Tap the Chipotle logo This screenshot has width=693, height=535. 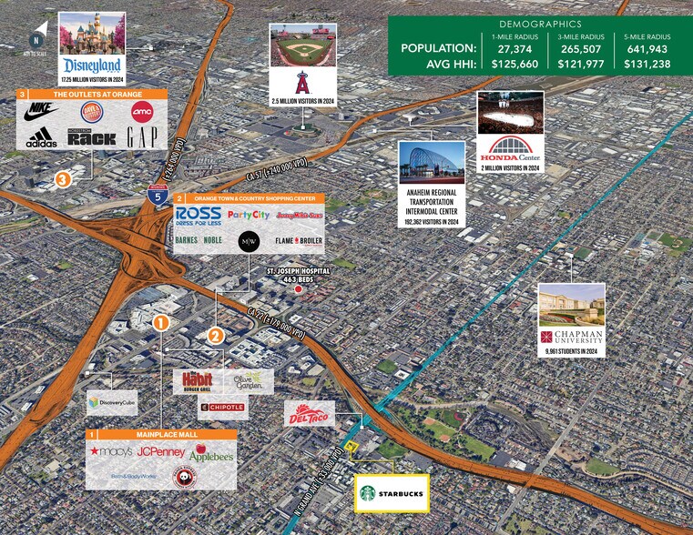click(x=222, y=407)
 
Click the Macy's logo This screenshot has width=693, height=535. click(x=110, y=450)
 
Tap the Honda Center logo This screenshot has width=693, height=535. click(x=510, y=148)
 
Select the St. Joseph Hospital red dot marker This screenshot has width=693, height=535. click(x=297, y=288)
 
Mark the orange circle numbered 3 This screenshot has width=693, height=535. click(x=62, y=179)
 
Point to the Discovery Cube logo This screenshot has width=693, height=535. click(x=106, y=400)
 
